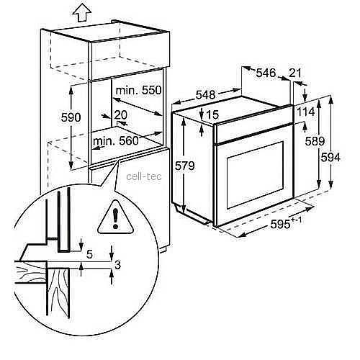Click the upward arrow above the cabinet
tap(82, 12)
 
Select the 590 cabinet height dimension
tap(71, 117)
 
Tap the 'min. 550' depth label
tap(138, 91)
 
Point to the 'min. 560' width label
tap(116, 141)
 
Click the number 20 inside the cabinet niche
tap(120, 115)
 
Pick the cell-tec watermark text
tap(144, 176)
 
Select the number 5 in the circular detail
tap(89, 254)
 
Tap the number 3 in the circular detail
tap(117, 265)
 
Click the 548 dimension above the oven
tap(205, 94)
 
